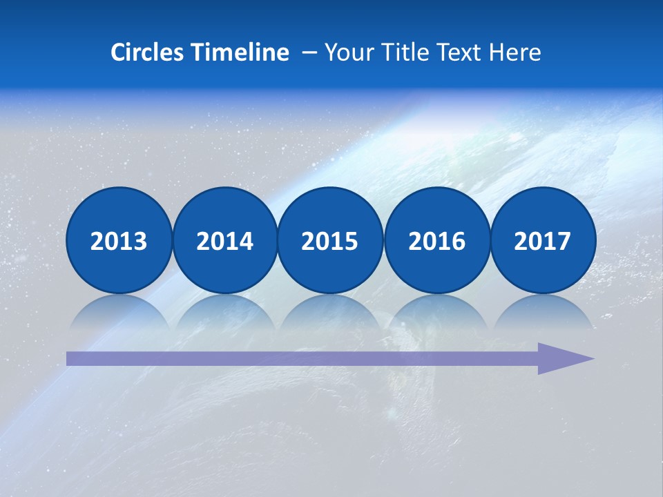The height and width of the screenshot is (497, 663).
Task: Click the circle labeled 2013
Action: (x=119, y=240)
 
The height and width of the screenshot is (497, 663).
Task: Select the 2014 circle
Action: (x=224, y=240)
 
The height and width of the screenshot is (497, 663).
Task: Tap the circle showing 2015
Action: (x=330, y=240)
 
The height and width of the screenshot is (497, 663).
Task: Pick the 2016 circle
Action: (x=436, y=240)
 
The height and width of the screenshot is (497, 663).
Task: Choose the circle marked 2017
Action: (x=542, y=240)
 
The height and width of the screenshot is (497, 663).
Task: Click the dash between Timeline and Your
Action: (x=309, y=53)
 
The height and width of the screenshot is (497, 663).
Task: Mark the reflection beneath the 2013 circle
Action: (x=119, y=310)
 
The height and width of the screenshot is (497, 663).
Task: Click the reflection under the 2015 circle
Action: (x=330, y=310)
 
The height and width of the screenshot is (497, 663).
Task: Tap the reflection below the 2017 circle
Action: (x=542, y=310)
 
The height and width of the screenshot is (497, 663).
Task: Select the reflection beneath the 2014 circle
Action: (x=224, y=310)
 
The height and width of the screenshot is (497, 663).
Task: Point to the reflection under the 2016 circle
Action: (x=436, y=310)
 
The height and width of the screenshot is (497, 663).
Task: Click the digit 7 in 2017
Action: (x=564, y=241)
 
